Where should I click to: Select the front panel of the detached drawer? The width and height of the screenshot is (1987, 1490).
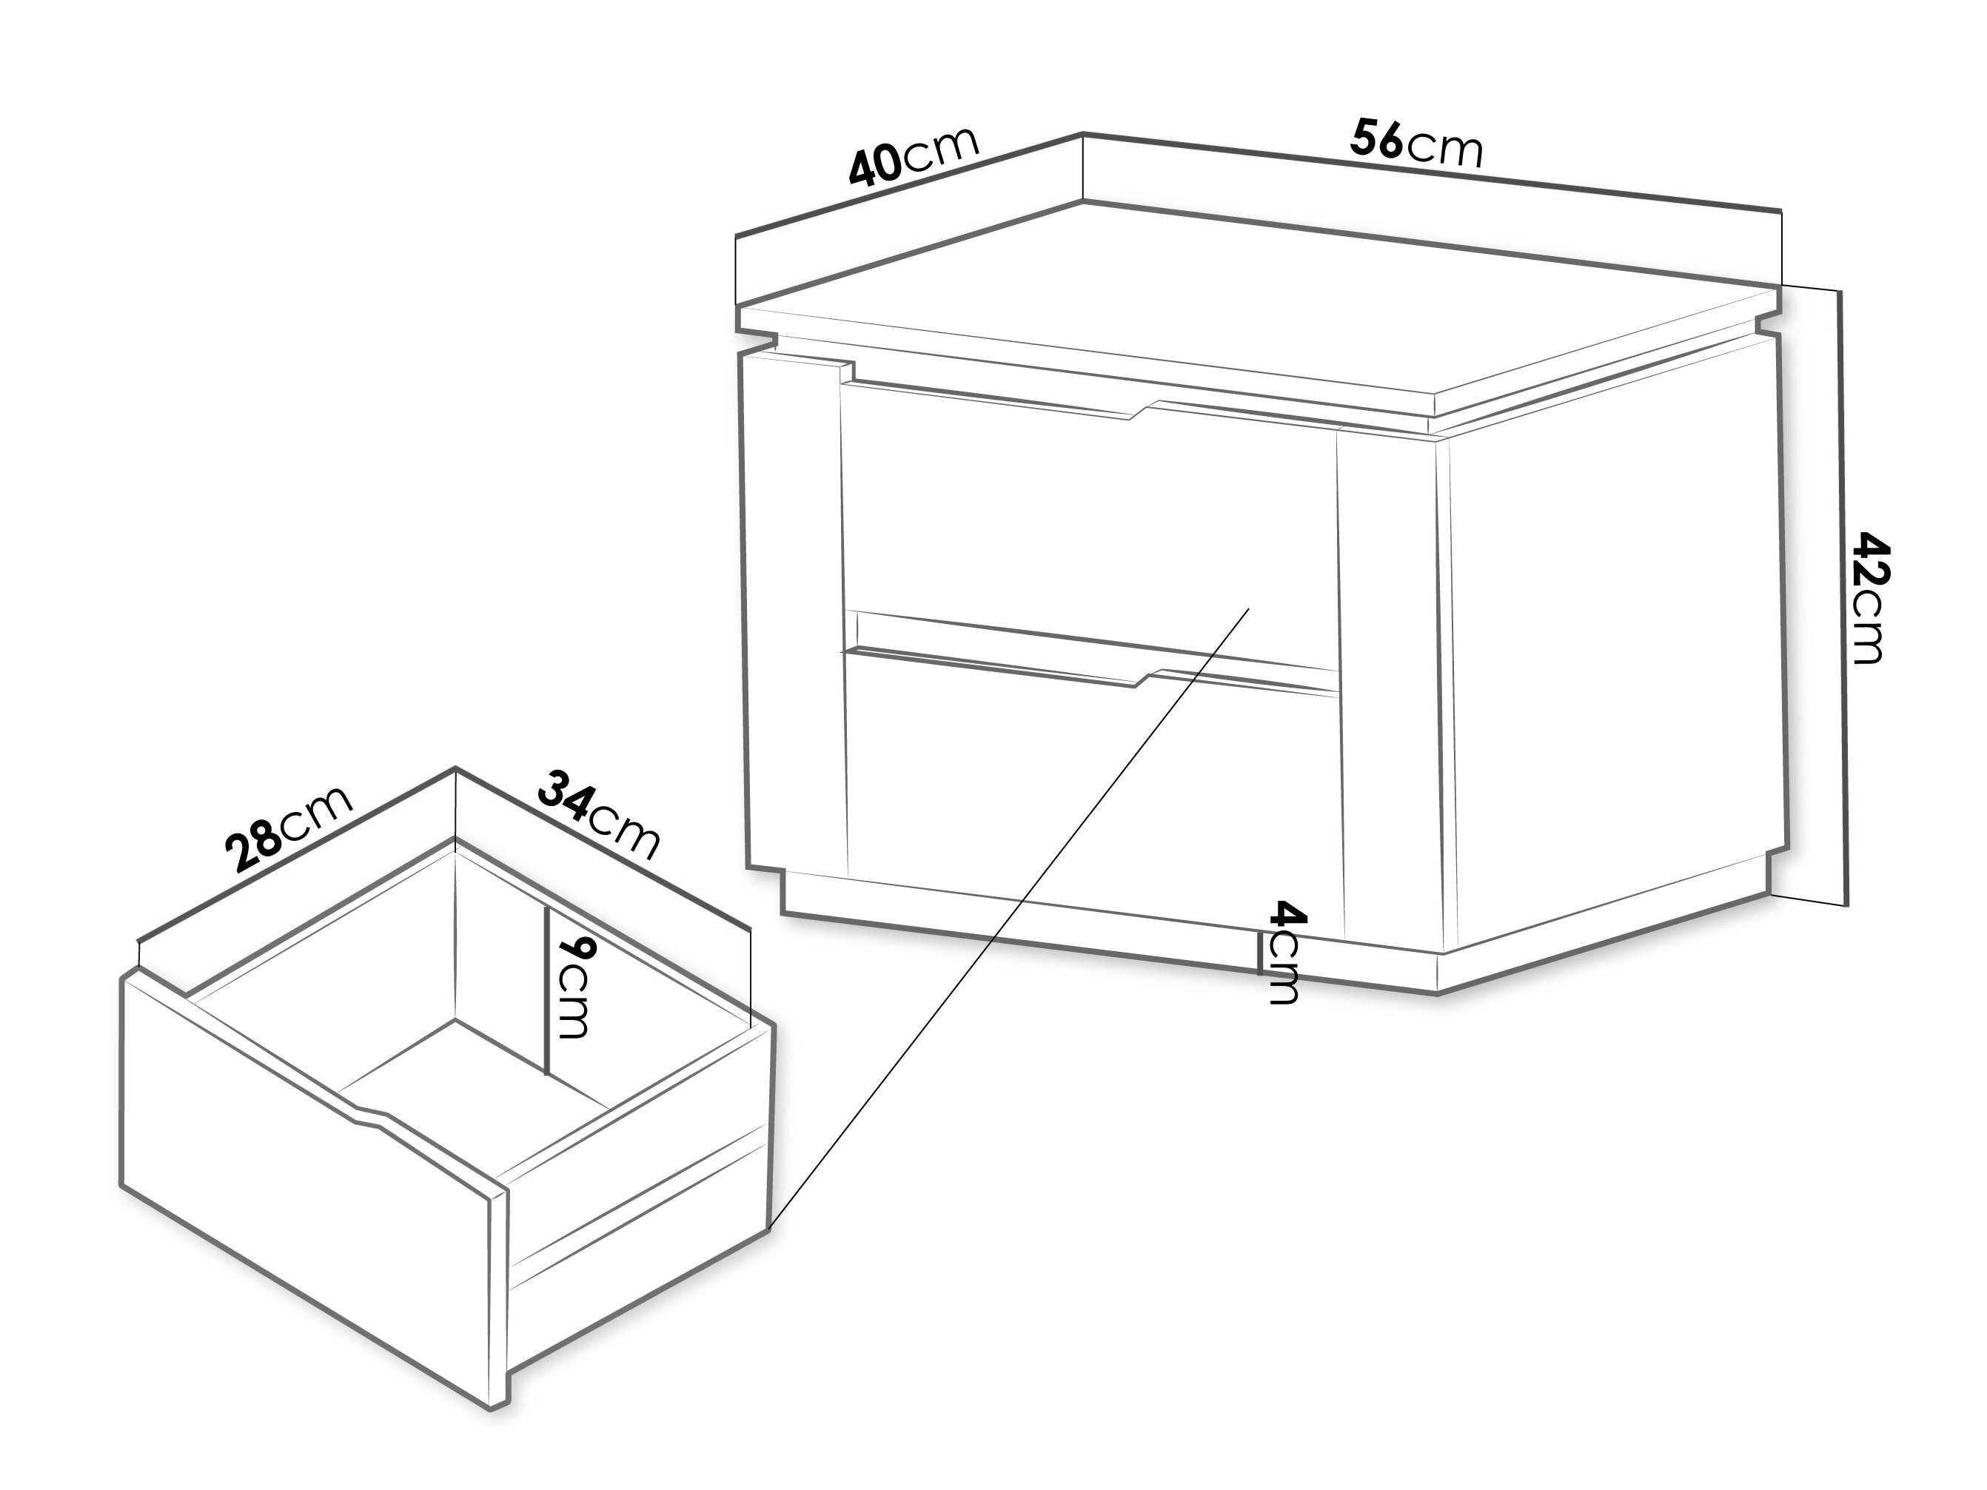[x=315, y=1195]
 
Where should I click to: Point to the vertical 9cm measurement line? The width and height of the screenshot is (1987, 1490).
[x=546, y=989]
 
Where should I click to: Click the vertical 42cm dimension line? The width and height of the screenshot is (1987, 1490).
[x=1843, y=597]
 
